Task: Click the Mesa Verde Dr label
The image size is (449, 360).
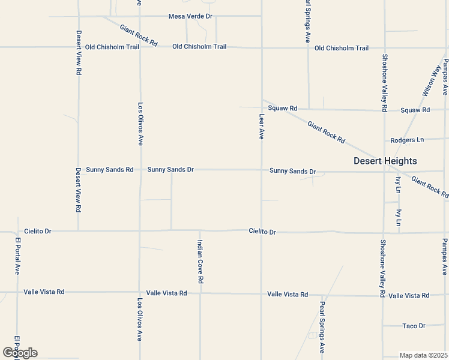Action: tap(191, 16)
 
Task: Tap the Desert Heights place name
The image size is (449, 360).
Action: tap(385, 161)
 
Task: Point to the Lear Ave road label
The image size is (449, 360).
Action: tap(262, 127)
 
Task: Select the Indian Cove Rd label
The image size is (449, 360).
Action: tap(201, 262)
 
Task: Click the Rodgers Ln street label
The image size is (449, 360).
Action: tap(407, 140)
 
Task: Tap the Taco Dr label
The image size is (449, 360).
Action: tap(414, 326)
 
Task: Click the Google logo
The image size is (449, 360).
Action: tap(20, 353)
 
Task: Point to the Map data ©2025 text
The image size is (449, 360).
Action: tap(424, 355)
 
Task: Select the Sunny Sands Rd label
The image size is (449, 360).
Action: tap(109, 170)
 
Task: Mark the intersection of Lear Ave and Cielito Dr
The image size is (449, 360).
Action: tap(262, 231)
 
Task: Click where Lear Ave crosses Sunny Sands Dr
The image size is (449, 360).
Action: tap(262, 170)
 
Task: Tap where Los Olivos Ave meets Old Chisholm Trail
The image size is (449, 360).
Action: tap(140, 47)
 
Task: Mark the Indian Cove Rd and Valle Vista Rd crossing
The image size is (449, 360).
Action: tap(200, 293)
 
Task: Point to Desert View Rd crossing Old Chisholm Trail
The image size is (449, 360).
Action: tap(79, 47)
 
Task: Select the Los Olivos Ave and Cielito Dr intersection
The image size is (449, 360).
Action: tap(140, 230)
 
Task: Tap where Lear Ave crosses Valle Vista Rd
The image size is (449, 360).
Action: tap(262, 294)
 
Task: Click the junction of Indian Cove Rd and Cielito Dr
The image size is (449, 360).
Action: tap(200, 230)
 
